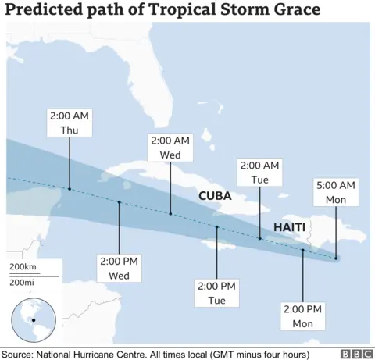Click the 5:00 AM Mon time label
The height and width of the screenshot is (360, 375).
click(336, 192)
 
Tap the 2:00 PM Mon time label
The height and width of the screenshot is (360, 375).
click(302, 316)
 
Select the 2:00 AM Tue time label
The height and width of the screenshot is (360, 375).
click(259, 173)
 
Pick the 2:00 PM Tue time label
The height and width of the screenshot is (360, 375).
click(216, 293)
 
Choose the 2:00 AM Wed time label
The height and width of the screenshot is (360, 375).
click(170, 148)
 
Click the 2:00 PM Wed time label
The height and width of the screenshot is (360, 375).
click(118, 266)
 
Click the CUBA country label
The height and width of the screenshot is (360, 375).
click(215, 196)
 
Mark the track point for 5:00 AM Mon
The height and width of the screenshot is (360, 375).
click(336, 258)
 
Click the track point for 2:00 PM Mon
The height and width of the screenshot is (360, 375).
click(302, 251)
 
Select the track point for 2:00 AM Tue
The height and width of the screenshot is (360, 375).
click(259, 237)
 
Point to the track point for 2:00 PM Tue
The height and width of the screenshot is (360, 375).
click(216, 226)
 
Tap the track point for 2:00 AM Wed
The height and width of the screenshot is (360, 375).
click(170, 213)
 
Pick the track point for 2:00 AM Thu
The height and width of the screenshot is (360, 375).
click(69, 188)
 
